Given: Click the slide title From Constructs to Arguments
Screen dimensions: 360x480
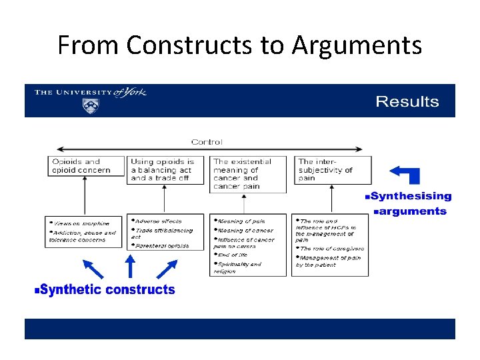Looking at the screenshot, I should pyautogui.click(x=239, y=45).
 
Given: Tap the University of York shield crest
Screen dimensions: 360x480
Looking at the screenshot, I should pyautogui.click(x=90, y=106).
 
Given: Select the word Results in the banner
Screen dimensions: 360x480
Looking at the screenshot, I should pyautogui.click(x=407, y=102).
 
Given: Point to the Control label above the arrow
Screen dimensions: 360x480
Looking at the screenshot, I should pyautogui.click(x=207, y=142).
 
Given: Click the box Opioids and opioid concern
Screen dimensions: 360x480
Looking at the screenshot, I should pyautogui.click(x=86, y=166).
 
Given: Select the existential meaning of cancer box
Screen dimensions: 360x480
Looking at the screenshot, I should pyautogui.click(x=248, y=173).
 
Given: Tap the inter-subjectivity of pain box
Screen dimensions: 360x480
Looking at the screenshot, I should pyautogui.click(x=333, y=170).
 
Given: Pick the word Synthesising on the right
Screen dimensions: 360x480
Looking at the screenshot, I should pyautogui.click(x=411, y=197).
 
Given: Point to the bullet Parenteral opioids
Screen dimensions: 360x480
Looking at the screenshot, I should pyautogui.click(x=162, y=245).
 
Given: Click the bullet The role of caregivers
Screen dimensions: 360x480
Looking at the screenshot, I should pyautogui.click(x=331, y=249).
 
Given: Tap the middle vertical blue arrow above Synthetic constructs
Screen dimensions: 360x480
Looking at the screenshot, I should pyautogui.click(x=130, y=265).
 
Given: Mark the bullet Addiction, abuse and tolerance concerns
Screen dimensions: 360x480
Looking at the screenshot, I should pyautogui.click(x=83, y=237).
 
